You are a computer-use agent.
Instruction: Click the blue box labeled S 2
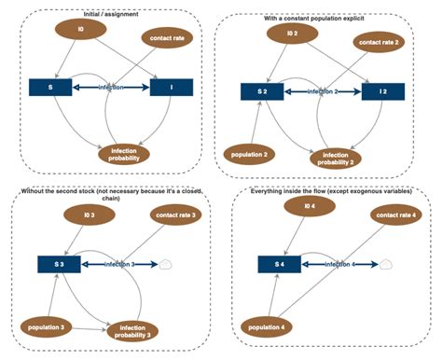pyautogui.click(x=262, y=90)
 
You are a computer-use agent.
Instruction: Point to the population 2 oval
pyautogui.click(x=248, y=152)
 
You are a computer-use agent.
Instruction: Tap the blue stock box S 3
pyautogui.click(x=59, y=265)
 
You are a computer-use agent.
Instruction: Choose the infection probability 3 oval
pyautogui.click(x=132, y=330)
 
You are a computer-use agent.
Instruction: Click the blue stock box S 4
pyautogui.click(x=277, y=265)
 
